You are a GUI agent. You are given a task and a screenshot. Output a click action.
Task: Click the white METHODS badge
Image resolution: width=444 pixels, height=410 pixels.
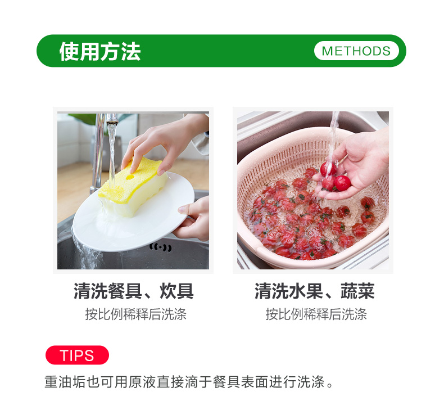pos(356,51)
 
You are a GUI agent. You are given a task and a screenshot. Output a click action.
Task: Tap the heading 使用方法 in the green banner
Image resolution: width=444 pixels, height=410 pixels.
pos(100,52)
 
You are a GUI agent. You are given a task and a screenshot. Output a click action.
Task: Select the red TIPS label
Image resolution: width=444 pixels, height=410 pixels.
pos(77,355)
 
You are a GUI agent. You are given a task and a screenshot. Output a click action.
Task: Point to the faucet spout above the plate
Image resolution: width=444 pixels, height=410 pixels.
pos(112,119)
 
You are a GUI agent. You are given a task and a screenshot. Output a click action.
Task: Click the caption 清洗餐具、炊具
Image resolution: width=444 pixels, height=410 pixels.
pos(134,291)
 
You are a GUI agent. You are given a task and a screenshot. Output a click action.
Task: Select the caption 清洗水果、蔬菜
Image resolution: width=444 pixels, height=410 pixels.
pos(315,291)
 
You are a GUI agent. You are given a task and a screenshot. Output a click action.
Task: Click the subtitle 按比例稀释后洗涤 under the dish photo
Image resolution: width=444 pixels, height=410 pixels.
pos(136,314)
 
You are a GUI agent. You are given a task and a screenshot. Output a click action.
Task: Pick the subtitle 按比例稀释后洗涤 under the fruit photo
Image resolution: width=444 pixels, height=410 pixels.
pos(316,314)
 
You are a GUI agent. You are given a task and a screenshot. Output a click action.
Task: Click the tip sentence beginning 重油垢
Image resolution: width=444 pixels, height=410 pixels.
pos(189,382)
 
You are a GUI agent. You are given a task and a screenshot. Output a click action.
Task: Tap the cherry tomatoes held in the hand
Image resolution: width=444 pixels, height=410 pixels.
pos(334,177)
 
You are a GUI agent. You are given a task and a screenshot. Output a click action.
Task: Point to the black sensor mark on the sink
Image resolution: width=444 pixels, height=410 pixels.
pos(161,247)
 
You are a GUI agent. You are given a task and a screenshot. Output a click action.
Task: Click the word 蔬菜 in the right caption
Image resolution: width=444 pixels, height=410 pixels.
pos(357,291)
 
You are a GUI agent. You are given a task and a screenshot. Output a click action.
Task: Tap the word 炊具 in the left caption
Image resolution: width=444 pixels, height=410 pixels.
pos(176,291)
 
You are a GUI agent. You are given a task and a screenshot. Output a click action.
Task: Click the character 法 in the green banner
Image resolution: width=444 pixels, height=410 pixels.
pos(131,52)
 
